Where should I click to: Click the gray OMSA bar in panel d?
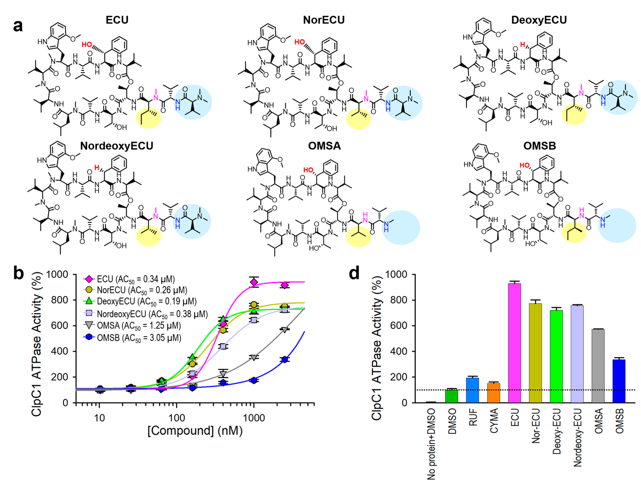[598, 365]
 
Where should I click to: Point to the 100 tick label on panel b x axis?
[177, 418]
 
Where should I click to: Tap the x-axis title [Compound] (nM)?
[195, 431]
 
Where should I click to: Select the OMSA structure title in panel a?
[324, 146]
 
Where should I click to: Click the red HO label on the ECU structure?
[86, 45]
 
